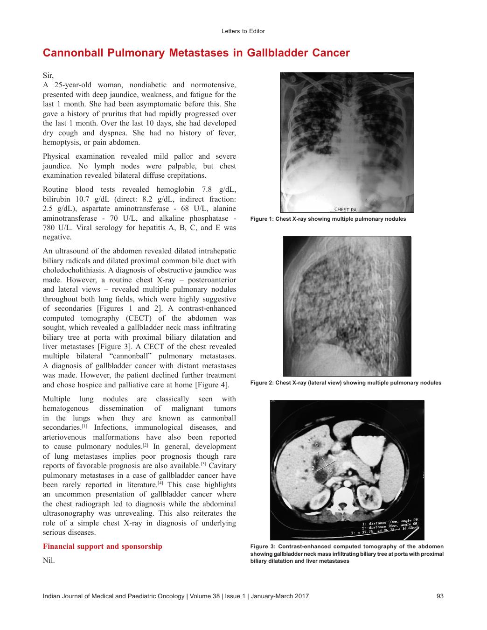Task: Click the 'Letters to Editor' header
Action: [243, 31]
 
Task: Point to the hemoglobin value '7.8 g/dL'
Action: [221, 189]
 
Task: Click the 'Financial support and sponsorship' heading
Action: [103, 546]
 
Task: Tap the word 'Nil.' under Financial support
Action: [49, 560]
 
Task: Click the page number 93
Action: [440, 596]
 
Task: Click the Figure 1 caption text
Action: [328, 219]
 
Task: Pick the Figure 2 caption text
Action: [346, 383]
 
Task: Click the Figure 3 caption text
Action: [347, 553]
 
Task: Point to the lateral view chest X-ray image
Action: [347, 306]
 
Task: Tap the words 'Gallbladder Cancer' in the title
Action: [298, 53]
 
